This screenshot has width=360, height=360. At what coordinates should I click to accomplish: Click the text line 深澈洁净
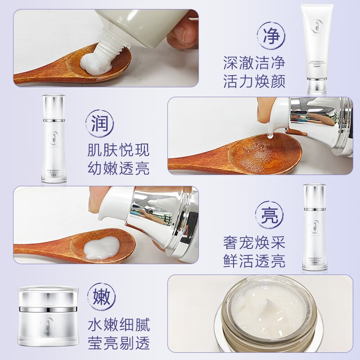[x=254, y=63]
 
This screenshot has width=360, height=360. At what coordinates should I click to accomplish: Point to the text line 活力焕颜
[x=254, y=81]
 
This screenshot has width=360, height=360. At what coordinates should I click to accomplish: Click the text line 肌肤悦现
[x=118, y=150]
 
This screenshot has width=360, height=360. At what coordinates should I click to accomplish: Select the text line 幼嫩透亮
[x=118, y=168]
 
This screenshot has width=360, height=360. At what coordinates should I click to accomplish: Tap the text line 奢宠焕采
[x=254, y=243]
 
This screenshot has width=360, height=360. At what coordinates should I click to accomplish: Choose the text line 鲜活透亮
[x=254, y=261]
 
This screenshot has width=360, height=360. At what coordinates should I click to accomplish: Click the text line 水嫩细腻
[x=118, y=324]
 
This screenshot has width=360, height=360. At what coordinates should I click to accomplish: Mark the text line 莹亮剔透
[x=118, y=343]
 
